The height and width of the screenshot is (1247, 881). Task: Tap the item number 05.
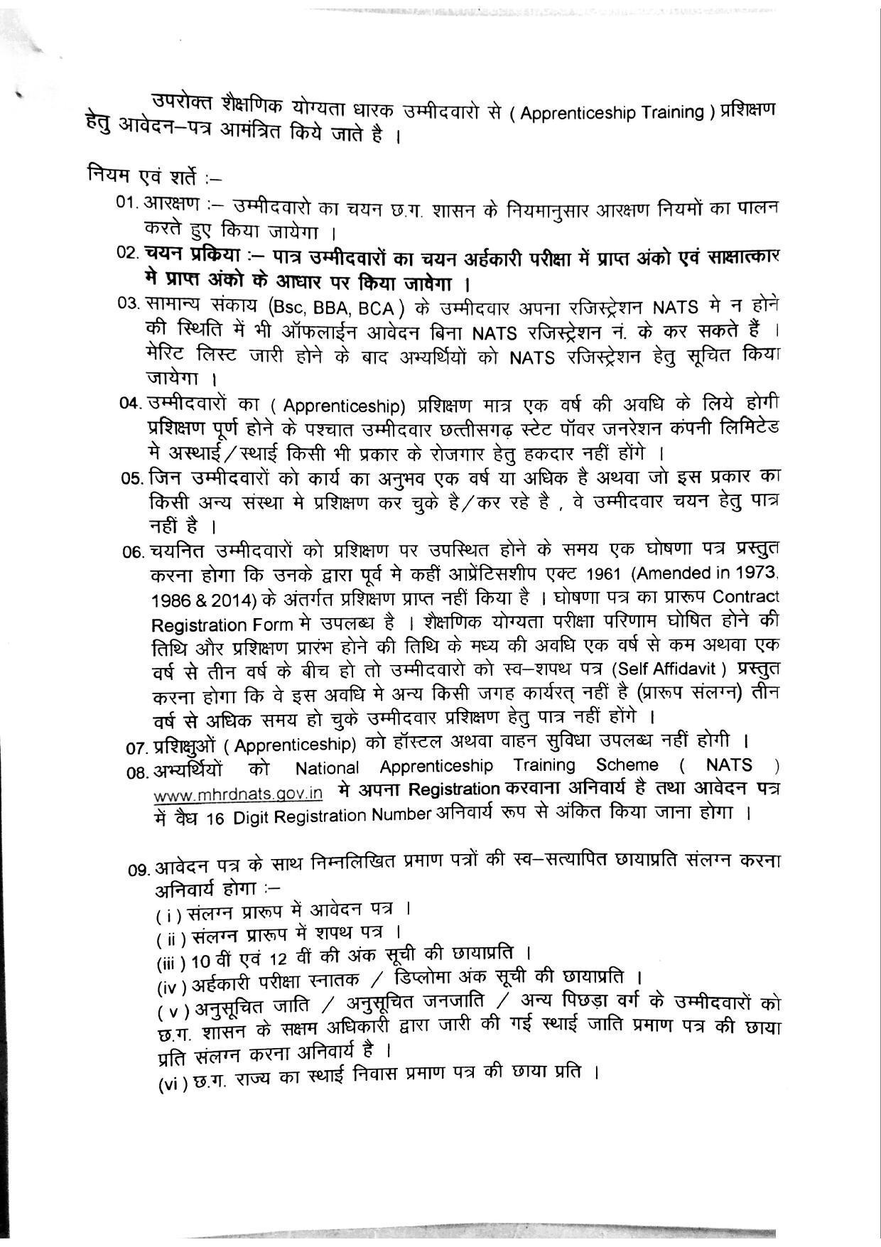coord(133,478)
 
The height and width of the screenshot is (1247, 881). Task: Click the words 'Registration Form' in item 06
coord(222,625)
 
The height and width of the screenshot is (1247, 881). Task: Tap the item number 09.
coord(139,868)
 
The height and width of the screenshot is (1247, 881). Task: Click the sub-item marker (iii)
coord(171,963)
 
